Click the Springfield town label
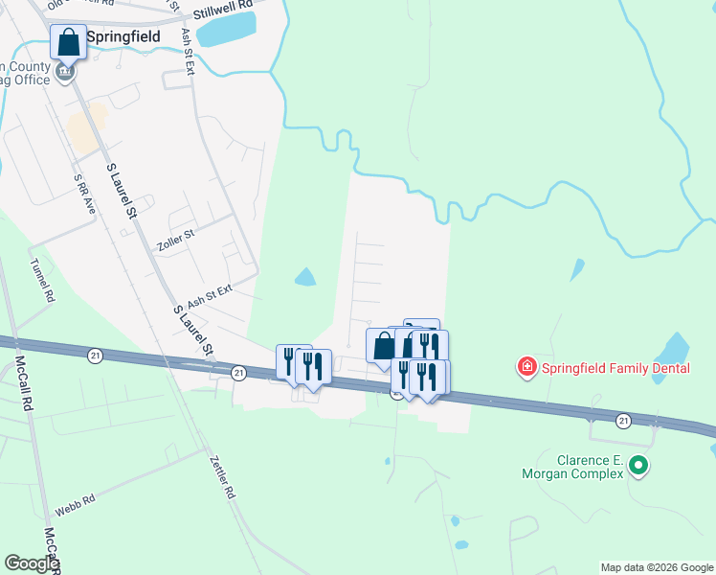(122, 35)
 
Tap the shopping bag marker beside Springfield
(68, 42)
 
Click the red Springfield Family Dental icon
(526, 366)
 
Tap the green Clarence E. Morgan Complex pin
(639, 467)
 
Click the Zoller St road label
(176, 233)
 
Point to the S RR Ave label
(85, 195)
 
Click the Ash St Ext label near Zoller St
(211, 294)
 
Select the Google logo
(32, 563)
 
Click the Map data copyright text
(657, 567)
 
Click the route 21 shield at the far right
(623, 420)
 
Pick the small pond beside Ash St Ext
(304, 278)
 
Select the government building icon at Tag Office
(64, 72)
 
